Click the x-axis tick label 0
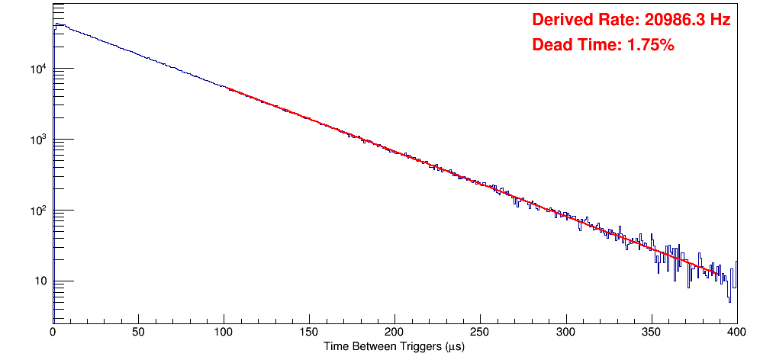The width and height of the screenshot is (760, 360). click(x=53, y=332)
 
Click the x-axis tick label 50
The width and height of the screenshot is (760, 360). click(x=138, y=332)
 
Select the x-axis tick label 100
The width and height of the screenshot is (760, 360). click(x=224, y=332)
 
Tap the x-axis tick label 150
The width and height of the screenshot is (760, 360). click(x=309, y=332)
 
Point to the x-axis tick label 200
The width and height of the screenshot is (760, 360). click(x=394, y=332)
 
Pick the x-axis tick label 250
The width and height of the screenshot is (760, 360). click(x=480, y=332)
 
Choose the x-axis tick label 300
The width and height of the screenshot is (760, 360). click(x=565, y=332)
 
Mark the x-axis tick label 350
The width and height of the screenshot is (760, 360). click(x=651, y=332)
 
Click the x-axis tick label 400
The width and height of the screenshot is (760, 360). click(x=736, y=332)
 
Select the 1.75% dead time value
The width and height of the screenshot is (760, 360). click(x=650, y=45)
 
